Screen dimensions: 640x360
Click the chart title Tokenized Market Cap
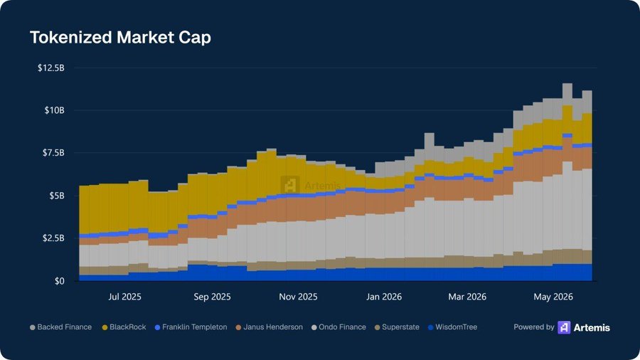pos(120,38)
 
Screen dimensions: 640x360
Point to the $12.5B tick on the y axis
pos(51,68)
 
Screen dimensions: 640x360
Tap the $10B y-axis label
pos(54,110)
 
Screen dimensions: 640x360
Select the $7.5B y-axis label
pos(53,153)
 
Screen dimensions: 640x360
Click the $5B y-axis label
pos(56,196)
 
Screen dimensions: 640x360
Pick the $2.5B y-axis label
pos(53,238)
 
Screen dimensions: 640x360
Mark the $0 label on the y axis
pos(60,281)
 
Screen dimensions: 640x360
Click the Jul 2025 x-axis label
pos(125,297)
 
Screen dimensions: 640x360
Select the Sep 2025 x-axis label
pos(212,297)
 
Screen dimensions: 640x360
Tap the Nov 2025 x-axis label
pos(299,297)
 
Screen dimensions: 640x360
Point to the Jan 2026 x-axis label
pos(384,297)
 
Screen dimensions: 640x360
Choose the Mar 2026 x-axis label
pos(467,297)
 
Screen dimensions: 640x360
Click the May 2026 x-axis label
pos(553,297)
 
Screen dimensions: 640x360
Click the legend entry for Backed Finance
pos(61,327)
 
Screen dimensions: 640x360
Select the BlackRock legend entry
pos(124,327)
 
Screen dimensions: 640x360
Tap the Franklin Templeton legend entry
pos(191,327)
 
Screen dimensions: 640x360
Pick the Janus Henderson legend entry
pos(270,327)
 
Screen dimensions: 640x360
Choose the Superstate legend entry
pos(397,327)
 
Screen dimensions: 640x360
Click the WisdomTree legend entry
pos(453,327)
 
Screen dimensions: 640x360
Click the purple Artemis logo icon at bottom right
pos(564,327)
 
